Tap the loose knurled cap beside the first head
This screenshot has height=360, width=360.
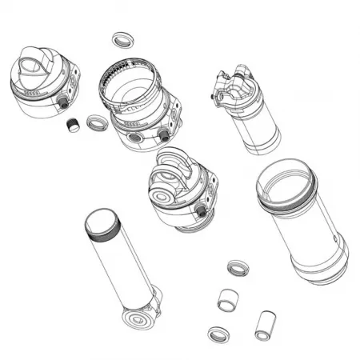click(x=72, y=126)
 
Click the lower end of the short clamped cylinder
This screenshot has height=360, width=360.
click(x=263, y=143)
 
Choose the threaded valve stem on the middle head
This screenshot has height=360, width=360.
click(x=200, y=210)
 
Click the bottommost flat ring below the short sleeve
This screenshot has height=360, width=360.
click(x=218, y=334)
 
